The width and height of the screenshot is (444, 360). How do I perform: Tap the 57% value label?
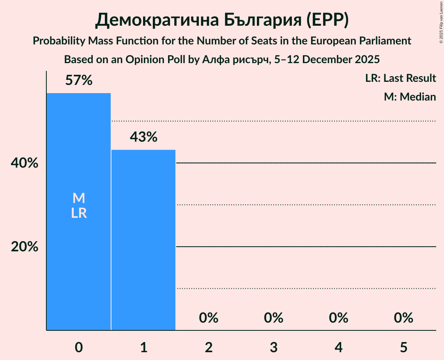79,81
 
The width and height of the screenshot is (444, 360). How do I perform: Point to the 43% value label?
143,137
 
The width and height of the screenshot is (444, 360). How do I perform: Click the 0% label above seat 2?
209,318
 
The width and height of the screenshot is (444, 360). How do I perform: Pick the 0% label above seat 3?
274,318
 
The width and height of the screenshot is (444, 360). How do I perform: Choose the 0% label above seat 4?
338,318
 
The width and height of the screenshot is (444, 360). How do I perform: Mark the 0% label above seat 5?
403,318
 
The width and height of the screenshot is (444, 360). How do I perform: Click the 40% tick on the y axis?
25,163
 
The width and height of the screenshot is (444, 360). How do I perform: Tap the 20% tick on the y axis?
25,247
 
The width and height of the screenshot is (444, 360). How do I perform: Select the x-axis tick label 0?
79,347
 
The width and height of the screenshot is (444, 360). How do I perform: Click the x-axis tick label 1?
143,347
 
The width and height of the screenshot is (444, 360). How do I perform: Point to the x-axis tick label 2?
209,347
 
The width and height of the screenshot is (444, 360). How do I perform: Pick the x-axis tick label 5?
403,347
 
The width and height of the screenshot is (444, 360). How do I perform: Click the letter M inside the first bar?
79,198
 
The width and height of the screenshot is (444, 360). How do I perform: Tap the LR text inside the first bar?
79,214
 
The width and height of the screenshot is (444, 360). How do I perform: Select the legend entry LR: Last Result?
400,78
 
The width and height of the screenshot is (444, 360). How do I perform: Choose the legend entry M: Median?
410,97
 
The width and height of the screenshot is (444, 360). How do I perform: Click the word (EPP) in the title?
327,21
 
